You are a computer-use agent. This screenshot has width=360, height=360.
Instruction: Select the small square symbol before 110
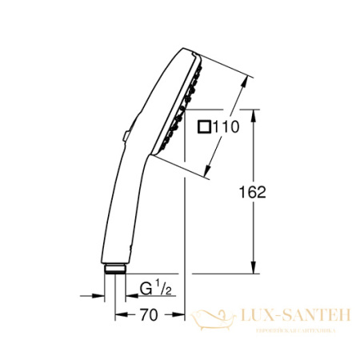point(205,125)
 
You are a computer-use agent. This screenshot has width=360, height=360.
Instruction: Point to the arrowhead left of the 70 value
point(120,314)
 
